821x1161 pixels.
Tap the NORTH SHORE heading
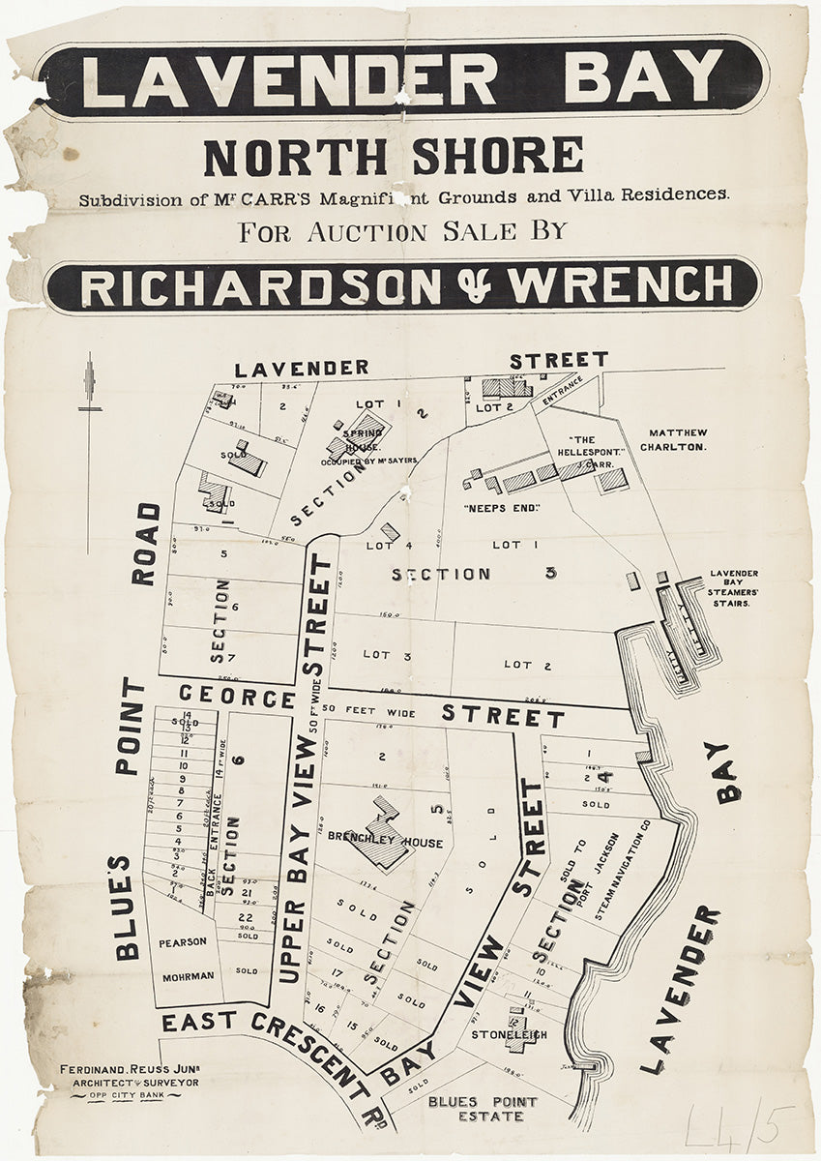[x=393, y=157]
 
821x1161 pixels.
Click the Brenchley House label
[x=385, y=842]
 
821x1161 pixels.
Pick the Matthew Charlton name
[x=678, y=440]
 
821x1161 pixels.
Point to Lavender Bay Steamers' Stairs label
[x=734, y=587]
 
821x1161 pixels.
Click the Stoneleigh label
[x=509, y=1034]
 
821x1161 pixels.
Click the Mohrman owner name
[x=188, y=976]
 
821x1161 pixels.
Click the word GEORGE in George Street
[x=236, y=698]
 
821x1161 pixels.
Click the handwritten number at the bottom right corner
[x=738, y=1125]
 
